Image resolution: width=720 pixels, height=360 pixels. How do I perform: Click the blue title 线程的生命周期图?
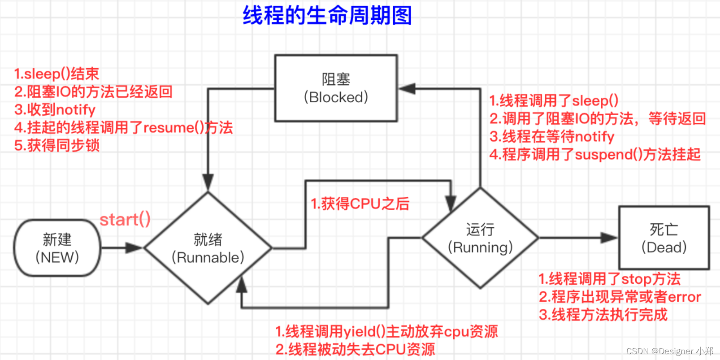[x=327, y=16]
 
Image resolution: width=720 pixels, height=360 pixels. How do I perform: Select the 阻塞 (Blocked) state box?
[x=336, y=88]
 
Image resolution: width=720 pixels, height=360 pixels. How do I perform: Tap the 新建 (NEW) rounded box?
[x=57, y=248]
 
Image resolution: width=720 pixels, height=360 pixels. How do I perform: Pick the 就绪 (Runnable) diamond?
[x=208, y=248]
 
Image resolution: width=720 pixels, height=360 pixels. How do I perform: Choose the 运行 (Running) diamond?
[x=480, y=238]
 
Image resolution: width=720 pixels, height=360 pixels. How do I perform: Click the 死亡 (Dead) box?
[x=664, y=238]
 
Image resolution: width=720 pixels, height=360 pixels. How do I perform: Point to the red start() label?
[x=125, y=220]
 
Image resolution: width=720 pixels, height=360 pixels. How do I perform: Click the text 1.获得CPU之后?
[x=360, y=204]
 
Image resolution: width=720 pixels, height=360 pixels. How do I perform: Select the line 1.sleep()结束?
[x=56, y=74]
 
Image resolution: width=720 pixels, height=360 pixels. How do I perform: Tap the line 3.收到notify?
[x=55, y=110]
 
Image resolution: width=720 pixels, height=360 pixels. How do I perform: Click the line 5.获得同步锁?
[x=56, y=146]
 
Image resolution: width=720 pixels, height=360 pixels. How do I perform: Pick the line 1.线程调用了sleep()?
[x=554, y=100]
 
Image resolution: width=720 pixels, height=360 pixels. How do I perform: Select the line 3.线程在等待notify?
[x=551, y=136]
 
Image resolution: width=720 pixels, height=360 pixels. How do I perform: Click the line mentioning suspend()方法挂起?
[x=595, y=155]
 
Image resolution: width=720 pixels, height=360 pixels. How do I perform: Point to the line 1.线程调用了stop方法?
[x=609, y=279]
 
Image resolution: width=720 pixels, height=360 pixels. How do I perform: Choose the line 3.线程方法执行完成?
[x=603, y=315]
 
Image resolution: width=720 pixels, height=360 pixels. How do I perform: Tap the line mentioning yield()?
[x=386, y=332]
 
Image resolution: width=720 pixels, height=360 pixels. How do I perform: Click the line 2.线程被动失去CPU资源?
[x=355, y=350]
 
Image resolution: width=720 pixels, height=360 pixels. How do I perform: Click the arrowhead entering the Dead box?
[x=610, y=238]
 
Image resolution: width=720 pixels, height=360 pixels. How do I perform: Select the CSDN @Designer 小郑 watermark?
[x=669, y=351]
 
